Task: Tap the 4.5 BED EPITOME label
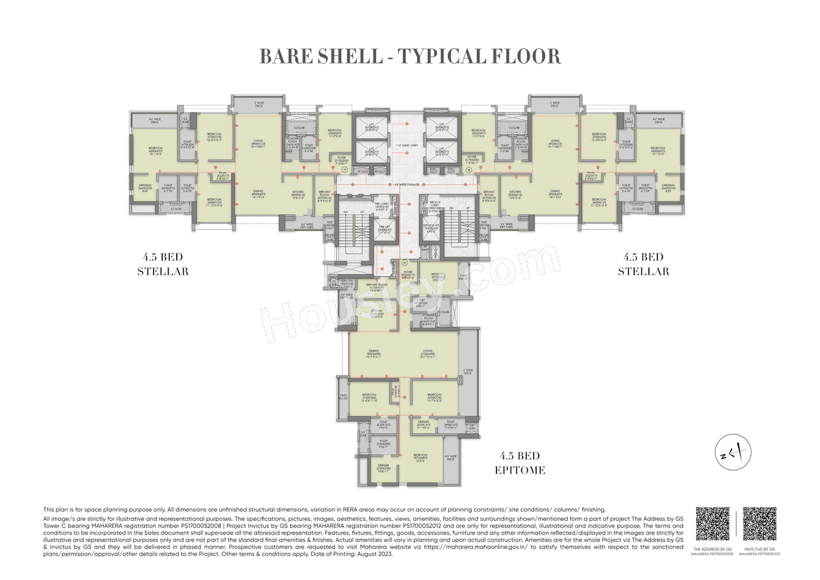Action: coord(520,463)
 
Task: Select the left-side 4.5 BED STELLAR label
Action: coord(163,264)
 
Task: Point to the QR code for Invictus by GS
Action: coord(759,524)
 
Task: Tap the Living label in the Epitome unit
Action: coord(428,352)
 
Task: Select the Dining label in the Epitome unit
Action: coord(373,352)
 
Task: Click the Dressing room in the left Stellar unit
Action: coord(145,188)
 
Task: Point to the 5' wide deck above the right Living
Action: coord(555,104)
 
